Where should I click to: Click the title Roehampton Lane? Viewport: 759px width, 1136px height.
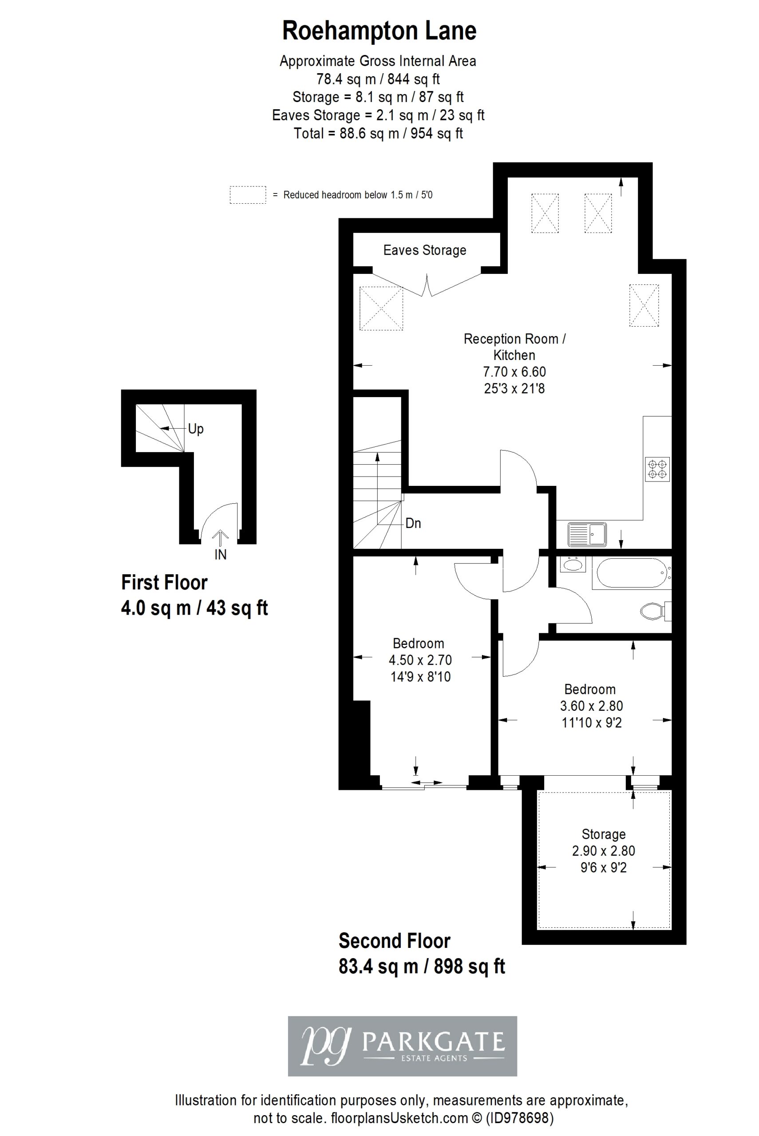pyautogui.click(x=379, y=31)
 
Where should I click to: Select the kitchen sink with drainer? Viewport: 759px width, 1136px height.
pyautogui.click(x=588, y=535)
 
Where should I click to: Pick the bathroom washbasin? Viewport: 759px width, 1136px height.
pyautogui.click(x=573, y=564)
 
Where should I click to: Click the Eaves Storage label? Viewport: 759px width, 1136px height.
pyautogui.click(x=424, y=250)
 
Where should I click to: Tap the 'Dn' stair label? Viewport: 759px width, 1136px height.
pyautogui.click(x=413, y=523)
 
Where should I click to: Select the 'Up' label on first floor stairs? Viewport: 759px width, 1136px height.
pyautogui.click(x=196, y=429)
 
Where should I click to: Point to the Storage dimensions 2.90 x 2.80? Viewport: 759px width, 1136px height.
pyautogui.click(x=603, y=851)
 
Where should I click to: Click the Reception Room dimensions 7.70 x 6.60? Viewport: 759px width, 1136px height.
pyautogui.click(x=514, y=371)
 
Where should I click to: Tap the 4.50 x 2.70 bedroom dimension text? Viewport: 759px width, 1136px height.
pyautogui.click(x=420, y=660)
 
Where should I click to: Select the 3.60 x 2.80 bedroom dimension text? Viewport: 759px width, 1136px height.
pyautogui.click(x=592, y=706)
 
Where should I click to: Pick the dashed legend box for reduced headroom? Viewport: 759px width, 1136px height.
pyautogui.click(x=248, y=194)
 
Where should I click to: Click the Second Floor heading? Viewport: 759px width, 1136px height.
pyautogui.click(x=395, y=941)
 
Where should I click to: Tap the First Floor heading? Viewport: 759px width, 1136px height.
pyautogui.click(x=164, y=583)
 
